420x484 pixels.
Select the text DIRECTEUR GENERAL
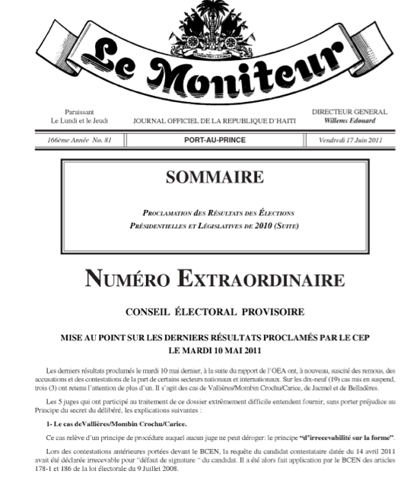[x=349, y=112]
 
